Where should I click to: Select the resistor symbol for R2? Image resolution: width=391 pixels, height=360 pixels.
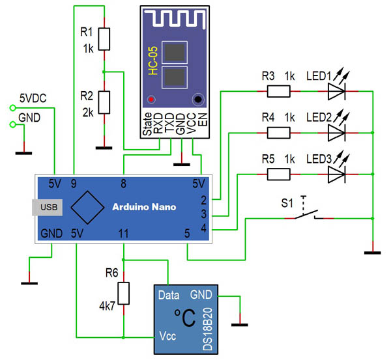(104, 103)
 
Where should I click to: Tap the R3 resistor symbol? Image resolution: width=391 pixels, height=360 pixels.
(278, 92)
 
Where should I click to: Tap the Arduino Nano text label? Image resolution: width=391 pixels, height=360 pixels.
(147, 207)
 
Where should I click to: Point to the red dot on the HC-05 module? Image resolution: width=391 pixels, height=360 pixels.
(152, 100)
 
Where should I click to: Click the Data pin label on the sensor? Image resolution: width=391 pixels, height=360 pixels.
(169, 295)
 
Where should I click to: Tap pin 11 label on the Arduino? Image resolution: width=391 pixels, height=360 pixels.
(124, 232)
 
